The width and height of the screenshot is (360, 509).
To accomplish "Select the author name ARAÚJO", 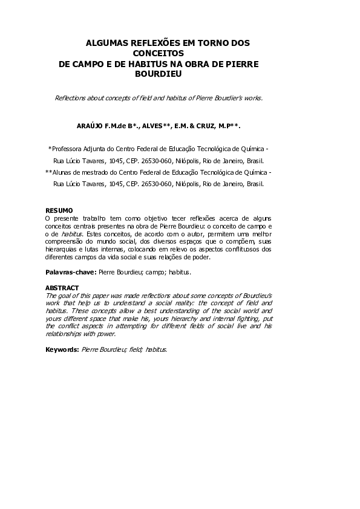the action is [90, 126].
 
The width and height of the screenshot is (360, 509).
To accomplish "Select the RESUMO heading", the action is [59, 210].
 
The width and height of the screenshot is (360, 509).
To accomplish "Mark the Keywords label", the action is [62, 350].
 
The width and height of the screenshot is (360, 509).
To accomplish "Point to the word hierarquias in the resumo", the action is [63, 248].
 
